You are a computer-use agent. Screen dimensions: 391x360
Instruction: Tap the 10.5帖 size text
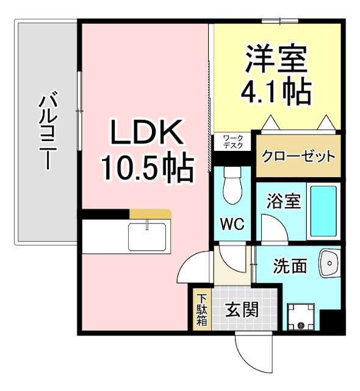146,166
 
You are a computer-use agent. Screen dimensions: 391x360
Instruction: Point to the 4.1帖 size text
276,92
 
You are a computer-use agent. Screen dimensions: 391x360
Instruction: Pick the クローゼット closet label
298,156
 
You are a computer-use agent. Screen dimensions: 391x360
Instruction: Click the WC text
232,224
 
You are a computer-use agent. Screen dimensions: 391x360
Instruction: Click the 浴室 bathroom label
284,202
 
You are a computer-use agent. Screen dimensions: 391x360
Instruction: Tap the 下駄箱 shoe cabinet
201,310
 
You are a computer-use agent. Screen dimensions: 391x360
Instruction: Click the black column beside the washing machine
331,321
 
